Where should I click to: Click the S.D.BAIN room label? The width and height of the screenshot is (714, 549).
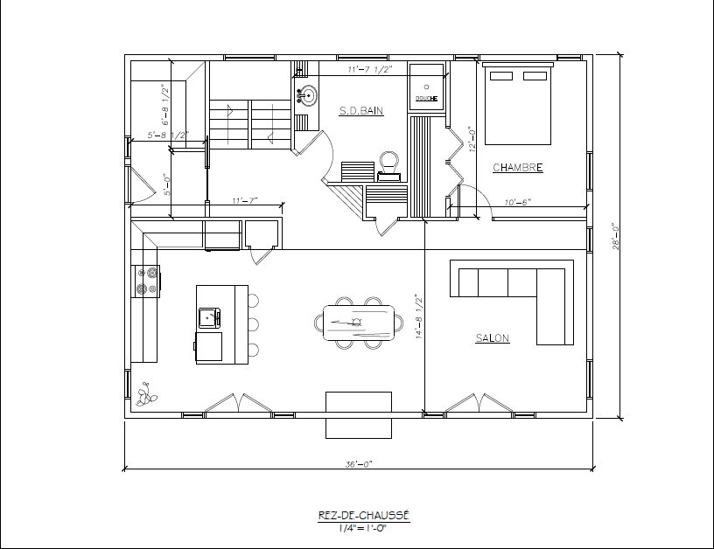pyautogui.click(x=361, y=110)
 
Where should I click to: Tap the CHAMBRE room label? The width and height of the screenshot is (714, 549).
pyautogui.click(x=518, y=167)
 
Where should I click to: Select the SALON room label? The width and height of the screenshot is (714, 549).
pyautogui.click(x=493, y=338)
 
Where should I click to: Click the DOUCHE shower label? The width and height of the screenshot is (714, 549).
pyautogui.click(x=426, y=98)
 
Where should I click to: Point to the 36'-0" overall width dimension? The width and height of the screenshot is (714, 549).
pyautogui.click(x=359, y=464)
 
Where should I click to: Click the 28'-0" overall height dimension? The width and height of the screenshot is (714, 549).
pyautogui.click(x=616, y=236)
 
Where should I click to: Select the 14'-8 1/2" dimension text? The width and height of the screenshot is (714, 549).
pyautogui.click(x=419, y=316)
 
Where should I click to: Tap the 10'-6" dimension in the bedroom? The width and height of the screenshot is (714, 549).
pyautogui.click(x=518, y=202)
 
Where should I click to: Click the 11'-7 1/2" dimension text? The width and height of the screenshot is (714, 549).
pyautogui.click(x=370, y=69)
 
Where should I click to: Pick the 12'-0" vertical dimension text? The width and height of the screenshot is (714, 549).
pyautogui.click(x=472, y=139)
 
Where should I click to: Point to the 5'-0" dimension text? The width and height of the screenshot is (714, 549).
pyautogui.click(x=167, y=185)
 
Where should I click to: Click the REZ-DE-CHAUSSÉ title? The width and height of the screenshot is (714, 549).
pyautogui.click(x=363, y=515)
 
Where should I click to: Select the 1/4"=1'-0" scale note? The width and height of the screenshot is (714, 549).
pyautogui.click(x=362, y=528)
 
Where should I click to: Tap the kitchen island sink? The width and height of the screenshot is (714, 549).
pyautogui.click(x=209, y=317)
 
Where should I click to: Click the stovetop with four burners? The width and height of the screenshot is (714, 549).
pyautogui.click(x=146, y=281)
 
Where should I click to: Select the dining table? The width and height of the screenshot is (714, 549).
pyautogui.click(x=359, y=323)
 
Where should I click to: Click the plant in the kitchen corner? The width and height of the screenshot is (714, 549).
pyautogui.click(x=147, y=394)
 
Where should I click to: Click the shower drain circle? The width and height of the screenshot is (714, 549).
pyautogui.click(x=427, y=87)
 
